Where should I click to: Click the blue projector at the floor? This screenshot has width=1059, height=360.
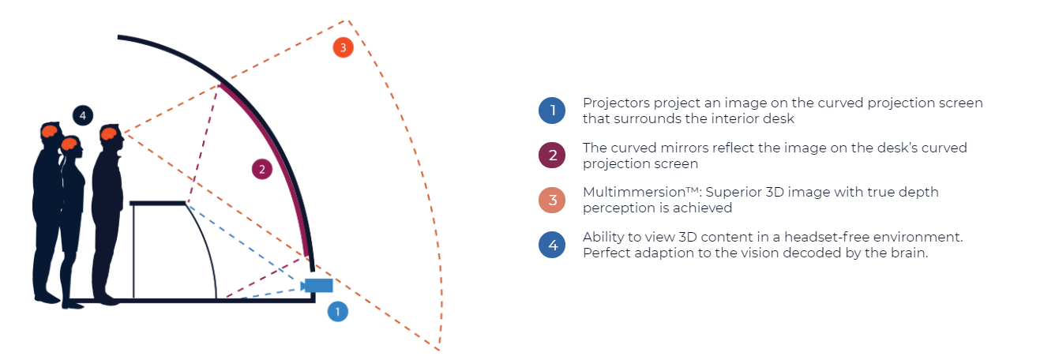[317, 285]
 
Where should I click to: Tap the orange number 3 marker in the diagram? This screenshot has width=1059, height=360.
[344, 47]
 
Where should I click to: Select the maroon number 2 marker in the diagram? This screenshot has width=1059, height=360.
[262, 169]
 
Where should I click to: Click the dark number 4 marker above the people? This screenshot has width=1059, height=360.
[83, 115]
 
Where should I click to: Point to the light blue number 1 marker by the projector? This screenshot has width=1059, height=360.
[337, 311]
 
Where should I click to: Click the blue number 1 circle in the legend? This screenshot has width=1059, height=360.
[552, 111]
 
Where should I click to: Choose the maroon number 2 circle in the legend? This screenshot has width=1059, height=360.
[552, 155]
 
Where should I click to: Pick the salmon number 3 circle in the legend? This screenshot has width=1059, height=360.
[552, 200]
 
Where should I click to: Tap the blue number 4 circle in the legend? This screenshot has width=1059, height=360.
[552, 245]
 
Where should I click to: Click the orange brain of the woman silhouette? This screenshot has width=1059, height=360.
[69, 143]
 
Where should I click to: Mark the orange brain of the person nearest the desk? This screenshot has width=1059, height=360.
[109, 133]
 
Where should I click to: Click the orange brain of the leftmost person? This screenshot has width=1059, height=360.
[49, 131]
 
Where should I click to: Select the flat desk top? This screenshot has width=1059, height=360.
[159, 203]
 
